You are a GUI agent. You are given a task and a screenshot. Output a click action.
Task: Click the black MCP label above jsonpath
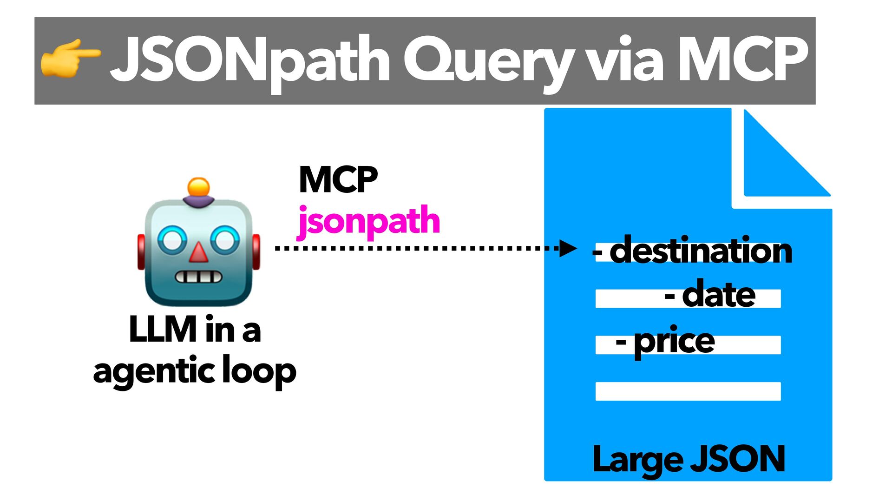[338, 180]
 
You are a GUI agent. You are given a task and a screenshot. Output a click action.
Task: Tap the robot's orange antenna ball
[198, 187]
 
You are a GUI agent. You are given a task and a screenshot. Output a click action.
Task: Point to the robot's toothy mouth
[198, 277]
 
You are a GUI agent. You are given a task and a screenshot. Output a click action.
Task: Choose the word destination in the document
[701, 251]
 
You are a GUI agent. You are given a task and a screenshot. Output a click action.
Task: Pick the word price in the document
[674, 342]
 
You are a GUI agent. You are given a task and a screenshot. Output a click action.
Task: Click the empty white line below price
[688, 391]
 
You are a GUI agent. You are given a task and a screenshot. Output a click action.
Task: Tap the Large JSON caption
[689, 459]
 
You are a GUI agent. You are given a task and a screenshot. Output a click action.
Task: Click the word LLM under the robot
[163, 330]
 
